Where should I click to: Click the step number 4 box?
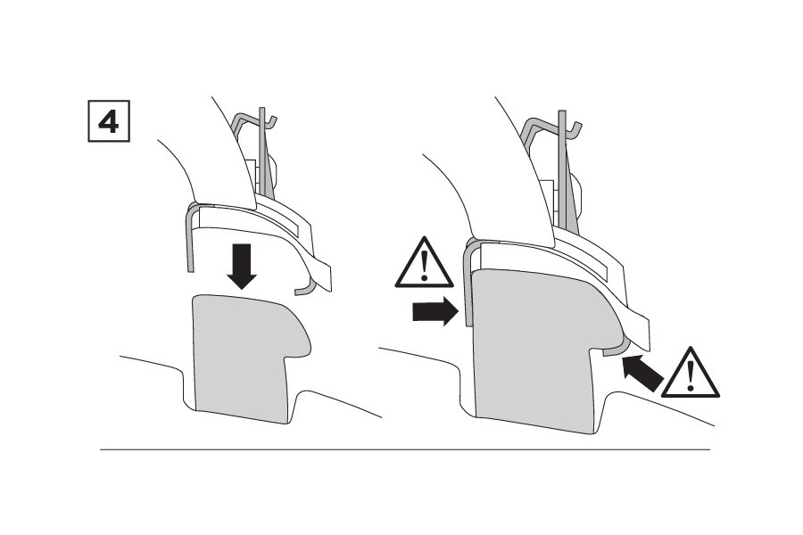(x=109, y=121)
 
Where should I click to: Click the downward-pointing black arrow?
(x=242, y=267)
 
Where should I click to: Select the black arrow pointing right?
(x=435, y=311)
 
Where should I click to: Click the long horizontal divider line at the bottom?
(x=405, y=449)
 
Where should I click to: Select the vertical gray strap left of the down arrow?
(x=190, y=241)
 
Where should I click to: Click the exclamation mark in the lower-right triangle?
(x=691, y=375)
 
